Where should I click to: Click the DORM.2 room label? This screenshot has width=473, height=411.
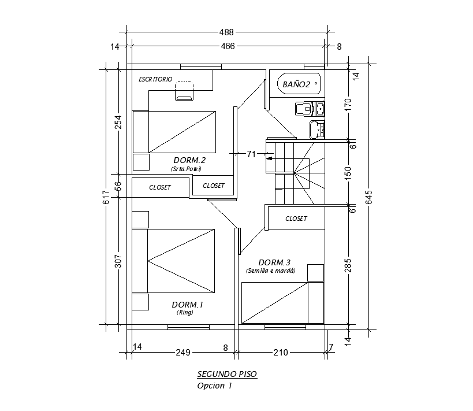coord(189,160)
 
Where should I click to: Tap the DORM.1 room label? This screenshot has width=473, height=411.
coord(188,305)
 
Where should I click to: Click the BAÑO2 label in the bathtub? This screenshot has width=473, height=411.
coord(296,84)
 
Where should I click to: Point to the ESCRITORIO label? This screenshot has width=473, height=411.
coord(155,79)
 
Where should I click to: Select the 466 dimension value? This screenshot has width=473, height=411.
coord(227,46)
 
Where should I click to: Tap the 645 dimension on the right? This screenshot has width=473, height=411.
coord(370,197)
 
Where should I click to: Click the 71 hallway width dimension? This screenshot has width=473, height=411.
coord(251,154)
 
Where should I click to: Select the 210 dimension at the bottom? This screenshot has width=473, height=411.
coord(280,351)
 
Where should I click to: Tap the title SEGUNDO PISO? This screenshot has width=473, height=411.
coord(227,374)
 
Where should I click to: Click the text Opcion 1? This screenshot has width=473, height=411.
coord(214,386)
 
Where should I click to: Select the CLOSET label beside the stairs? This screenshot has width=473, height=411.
coord(296,219)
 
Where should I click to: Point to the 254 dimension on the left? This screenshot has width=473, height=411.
coord(118,122)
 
